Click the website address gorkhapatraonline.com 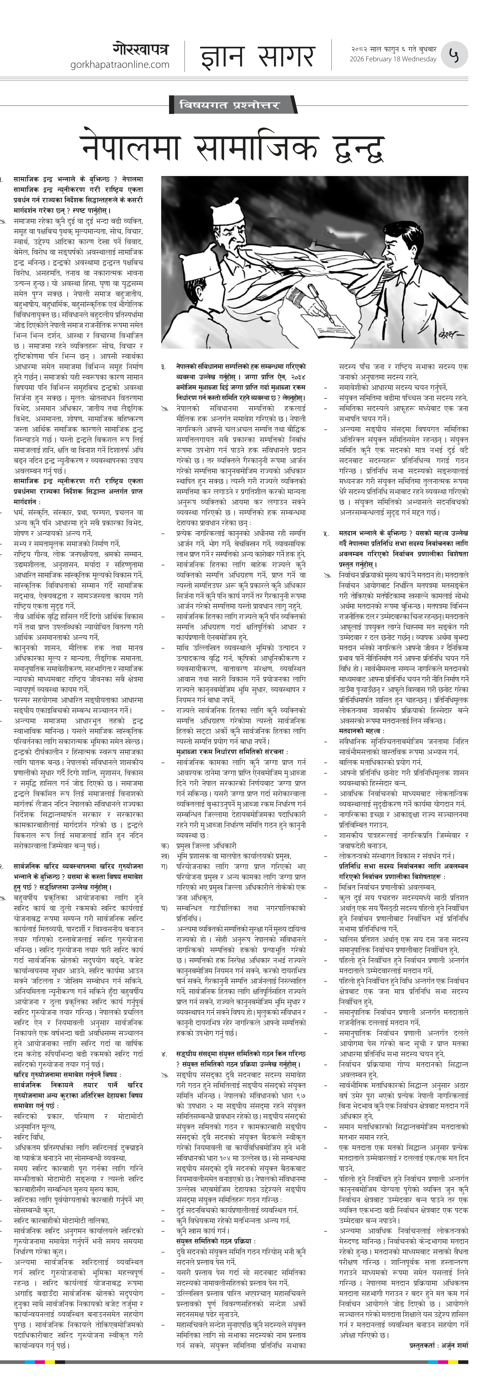(x=119, y=65)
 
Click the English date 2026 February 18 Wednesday (x=393, y=59)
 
